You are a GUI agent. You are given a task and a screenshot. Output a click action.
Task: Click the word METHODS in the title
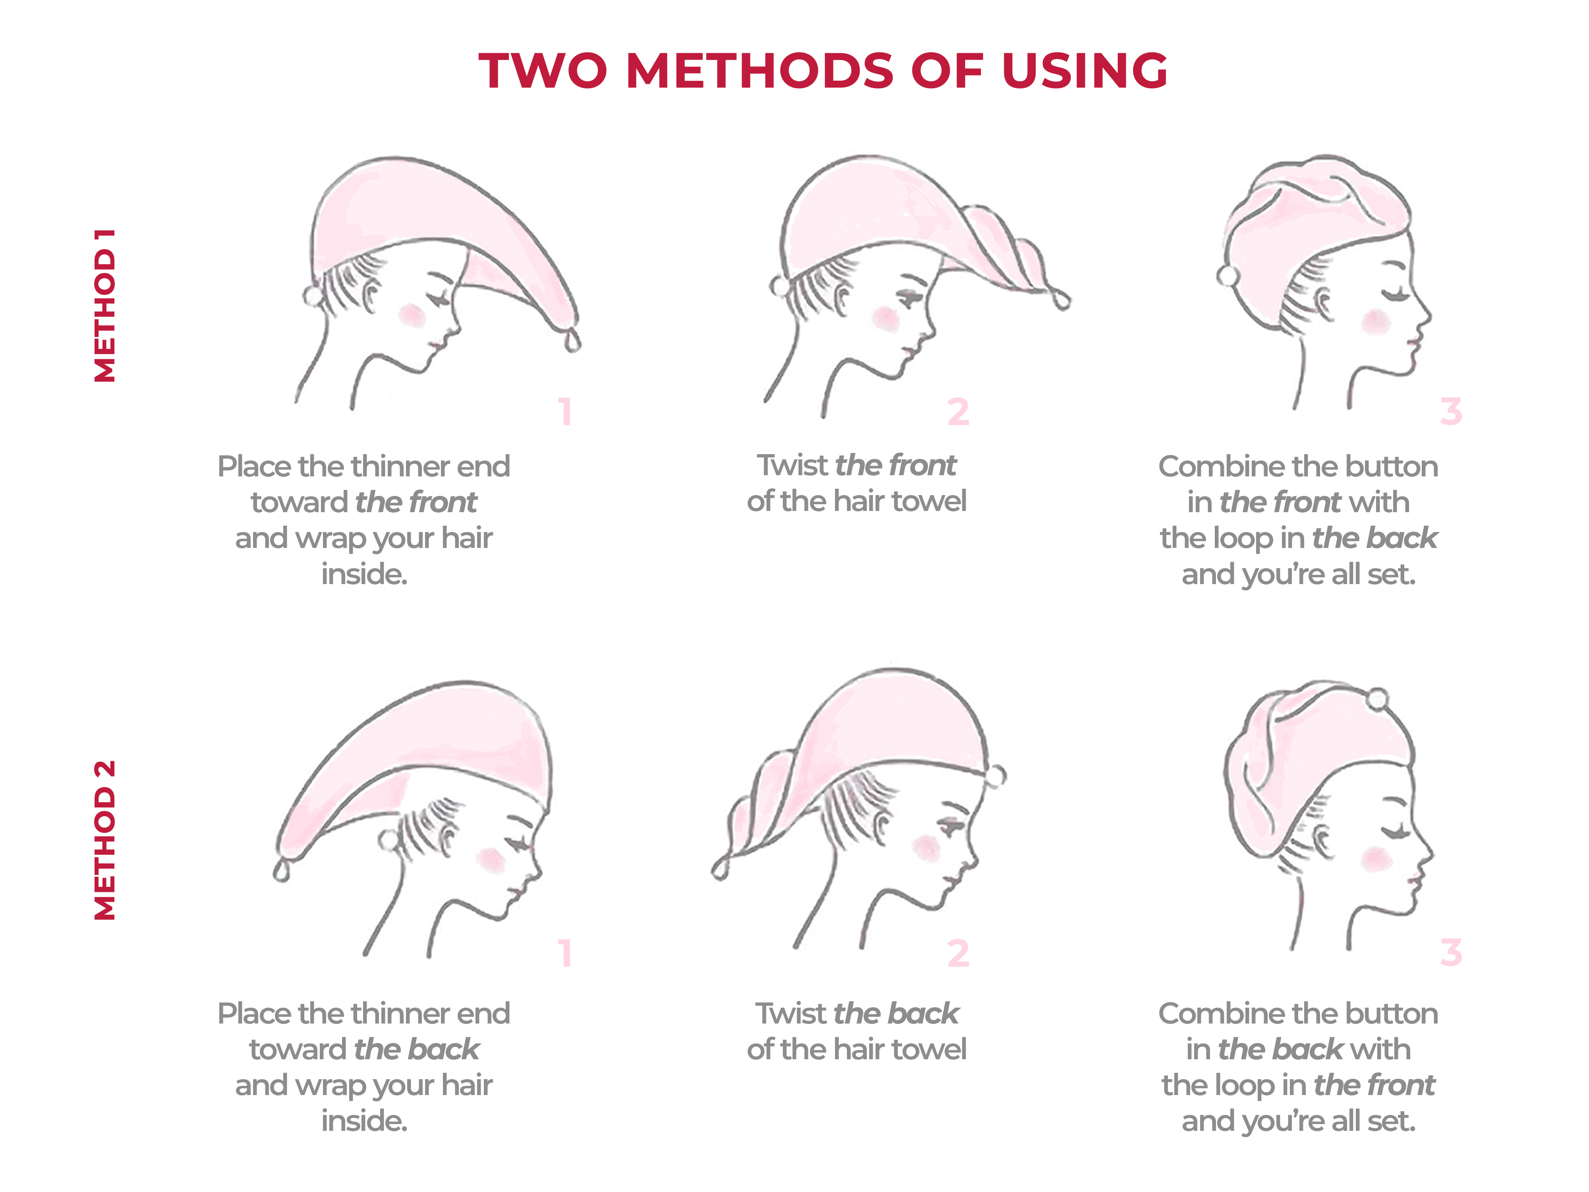coord(760,71)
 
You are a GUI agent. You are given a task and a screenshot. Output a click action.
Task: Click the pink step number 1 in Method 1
coord(565,412)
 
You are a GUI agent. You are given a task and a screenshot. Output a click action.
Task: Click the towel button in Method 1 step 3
coord(1228,276)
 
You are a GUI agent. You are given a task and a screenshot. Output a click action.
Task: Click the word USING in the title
coord(1085,71)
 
